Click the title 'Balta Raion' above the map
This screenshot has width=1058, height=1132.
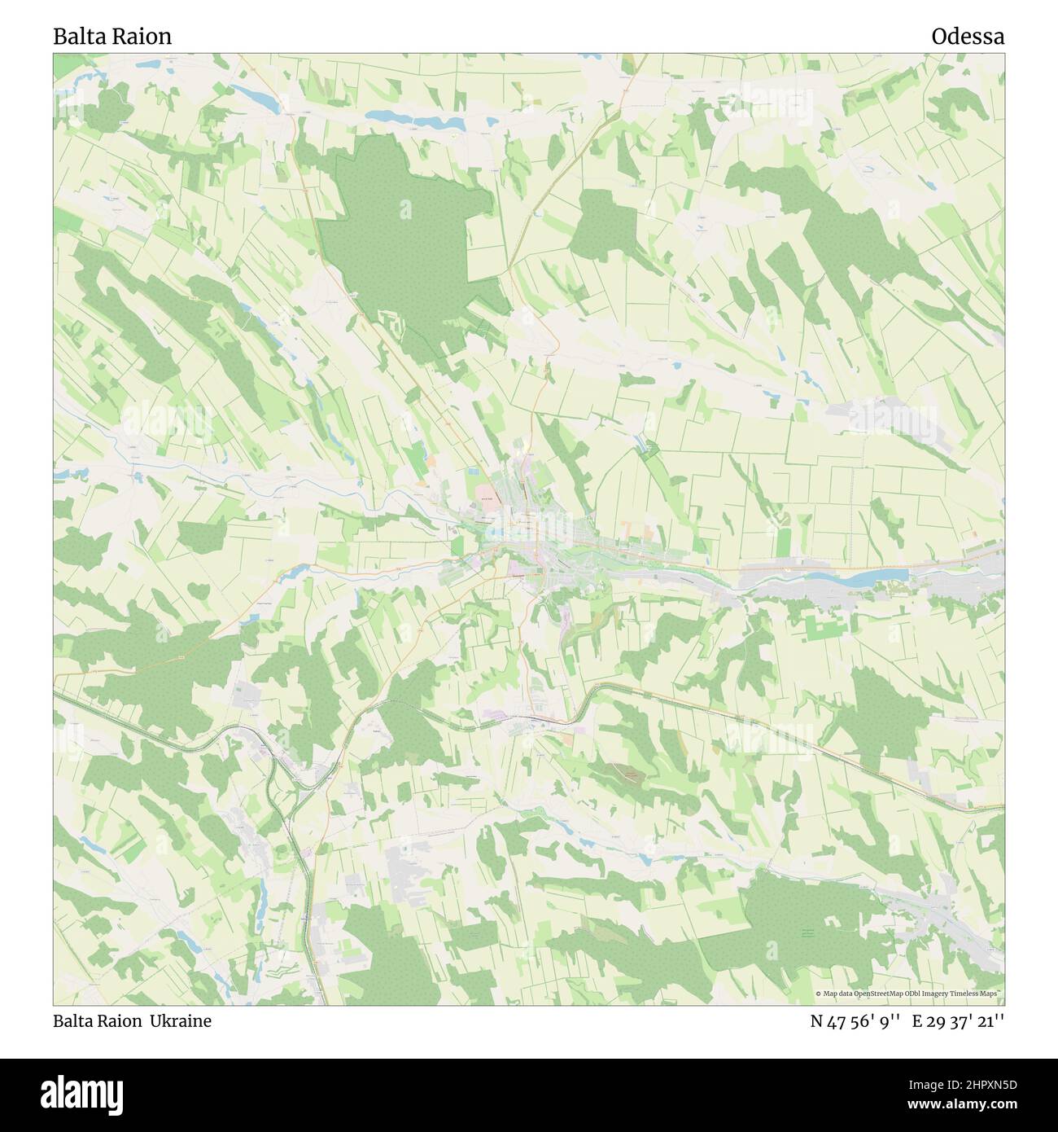(x=112, y=37)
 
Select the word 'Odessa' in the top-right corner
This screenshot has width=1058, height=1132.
(x=968, y=37)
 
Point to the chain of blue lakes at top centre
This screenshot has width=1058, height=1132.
(x=415, y=119)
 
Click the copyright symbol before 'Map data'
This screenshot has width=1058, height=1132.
(x=819, y=994)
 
